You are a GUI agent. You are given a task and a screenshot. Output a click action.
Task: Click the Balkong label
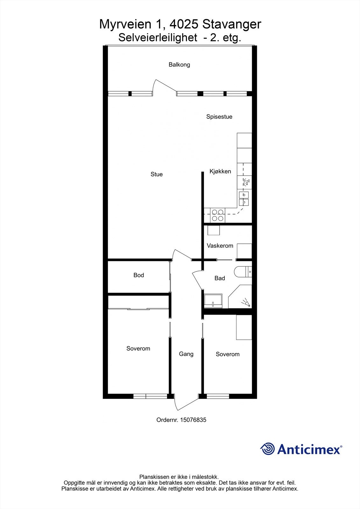[x=179, y=65]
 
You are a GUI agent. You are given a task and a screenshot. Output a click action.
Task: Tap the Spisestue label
[x=219, y=117]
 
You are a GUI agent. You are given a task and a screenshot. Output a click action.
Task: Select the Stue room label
[x=157, y=174]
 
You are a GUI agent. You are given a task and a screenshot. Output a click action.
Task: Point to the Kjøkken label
[x=220, y=171]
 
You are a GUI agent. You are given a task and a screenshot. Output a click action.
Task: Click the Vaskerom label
[x=220, y=246]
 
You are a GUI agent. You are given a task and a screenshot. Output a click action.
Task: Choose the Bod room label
[x=139, y=275]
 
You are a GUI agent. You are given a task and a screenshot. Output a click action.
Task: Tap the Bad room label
[x=220, y=278]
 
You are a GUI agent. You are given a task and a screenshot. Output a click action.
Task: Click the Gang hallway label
[x=186, y=354]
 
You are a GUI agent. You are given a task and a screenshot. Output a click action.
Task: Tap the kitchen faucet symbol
[x=246, y=182]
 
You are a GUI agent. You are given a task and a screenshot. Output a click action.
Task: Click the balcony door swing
[x=164, y=87]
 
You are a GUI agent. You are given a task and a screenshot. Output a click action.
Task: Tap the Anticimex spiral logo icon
[x=267, y=449]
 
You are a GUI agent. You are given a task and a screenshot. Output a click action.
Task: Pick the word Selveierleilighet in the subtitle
[x=158, y=38]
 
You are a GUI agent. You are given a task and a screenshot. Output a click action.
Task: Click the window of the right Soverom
[x=218, y=396]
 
